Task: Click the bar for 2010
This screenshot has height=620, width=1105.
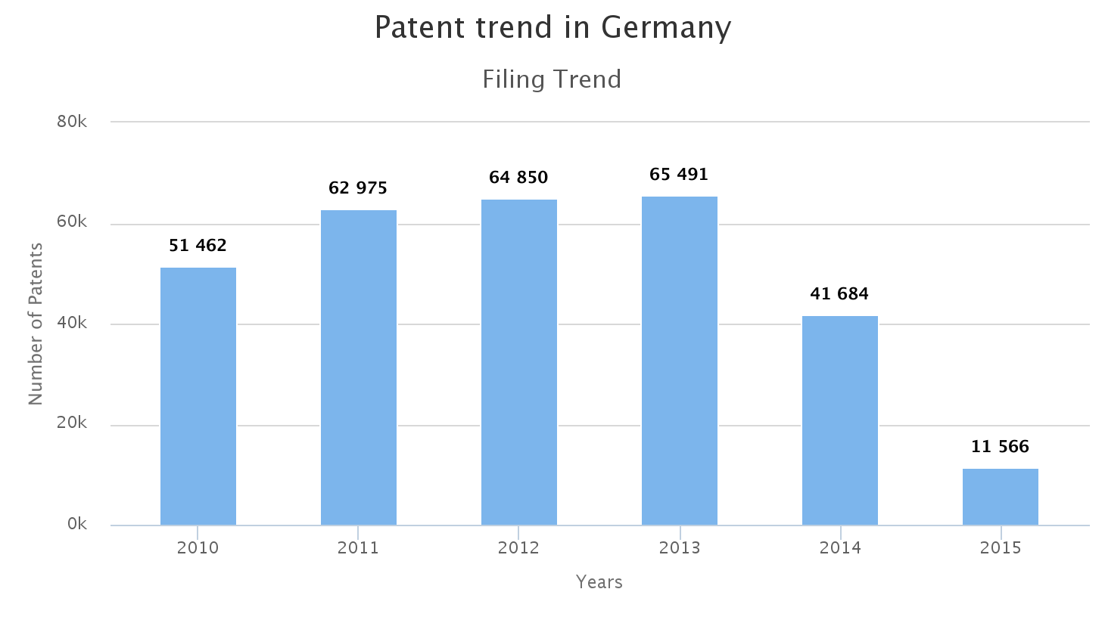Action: [198, 396]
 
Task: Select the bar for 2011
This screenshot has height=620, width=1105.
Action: [359, 367]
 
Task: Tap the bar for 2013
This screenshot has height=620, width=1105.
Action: [680, 361]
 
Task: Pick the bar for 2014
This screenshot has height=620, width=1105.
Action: [840, 420]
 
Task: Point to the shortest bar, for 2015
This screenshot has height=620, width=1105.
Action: [1001, 497]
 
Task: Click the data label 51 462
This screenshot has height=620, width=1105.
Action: [198, 245]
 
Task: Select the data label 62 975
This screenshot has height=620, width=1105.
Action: [358, 188]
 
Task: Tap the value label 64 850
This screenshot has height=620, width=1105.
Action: [518, 178]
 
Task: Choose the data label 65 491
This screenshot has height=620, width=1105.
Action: [679, 175]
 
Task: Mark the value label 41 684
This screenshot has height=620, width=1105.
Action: [839, 293]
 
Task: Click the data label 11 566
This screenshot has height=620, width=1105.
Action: [1000, 447]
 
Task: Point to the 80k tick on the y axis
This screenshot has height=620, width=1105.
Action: [72, 121]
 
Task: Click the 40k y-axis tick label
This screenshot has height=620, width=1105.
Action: [72, 323]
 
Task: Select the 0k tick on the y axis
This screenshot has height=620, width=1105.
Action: [76, 524]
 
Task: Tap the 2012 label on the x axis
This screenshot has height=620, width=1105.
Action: [519, 548]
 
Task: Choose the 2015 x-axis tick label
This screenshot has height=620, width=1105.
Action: [1001, 548]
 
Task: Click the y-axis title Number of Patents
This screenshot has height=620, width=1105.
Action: [36, 324]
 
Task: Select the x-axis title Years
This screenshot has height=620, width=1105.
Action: [599, 582]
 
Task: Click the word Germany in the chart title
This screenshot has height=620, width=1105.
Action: [666, 28]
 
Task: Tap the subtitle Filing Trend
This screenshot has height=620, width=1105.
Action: [552, 79]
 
